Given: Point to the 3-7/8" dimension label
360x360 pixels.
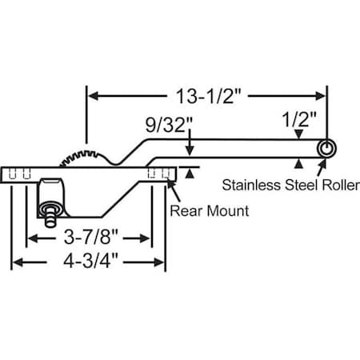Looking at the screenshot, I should coord(90,238).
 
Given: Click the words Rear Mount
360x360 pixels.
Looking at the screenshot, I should coord(209,211).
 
